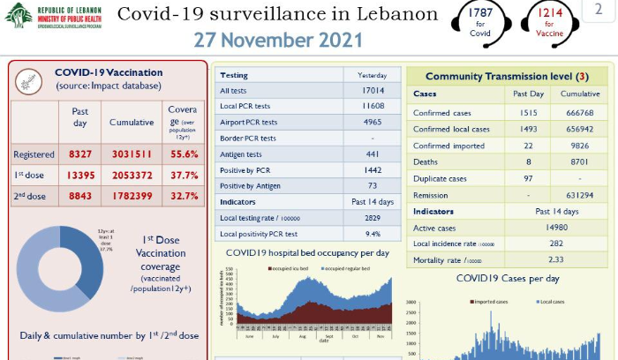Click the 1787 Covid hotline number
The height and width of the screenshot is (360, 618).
point(479,13)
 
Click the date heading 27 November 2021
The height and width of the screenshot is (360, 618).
point(278,41)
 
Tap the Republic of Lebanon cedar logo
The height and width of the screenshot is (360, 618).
point(19,15)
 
